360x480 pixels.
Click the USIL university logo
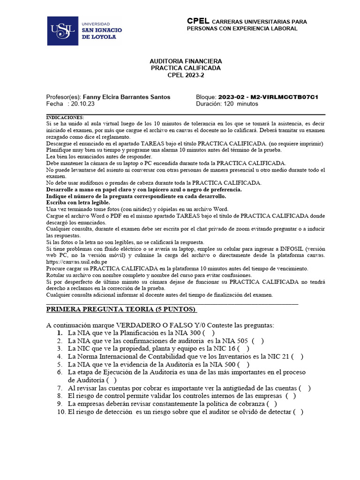tap(84, 30)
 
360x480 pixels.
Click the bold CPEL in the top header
tap(198, 21)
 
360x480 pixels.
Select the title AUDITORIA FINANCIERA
tap(186, 61)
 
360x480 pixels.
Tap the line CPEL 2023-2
tap(186, 75)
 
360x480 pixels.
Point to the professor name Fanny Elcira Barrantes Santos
tap(127, 97)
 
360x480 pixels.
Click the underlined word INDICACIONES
tap(65, 117)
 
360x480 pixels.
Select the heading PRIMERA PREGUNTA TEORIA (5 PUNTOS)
tap(121, 309)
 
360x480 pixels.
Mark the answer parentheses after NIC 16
tap(243, 349)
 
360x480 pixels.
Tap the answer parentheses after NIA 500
tap(243, 364)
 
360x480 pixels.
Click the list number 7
tap(60, 388)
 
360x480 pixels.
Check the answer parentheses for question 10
tap(298, 412)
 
